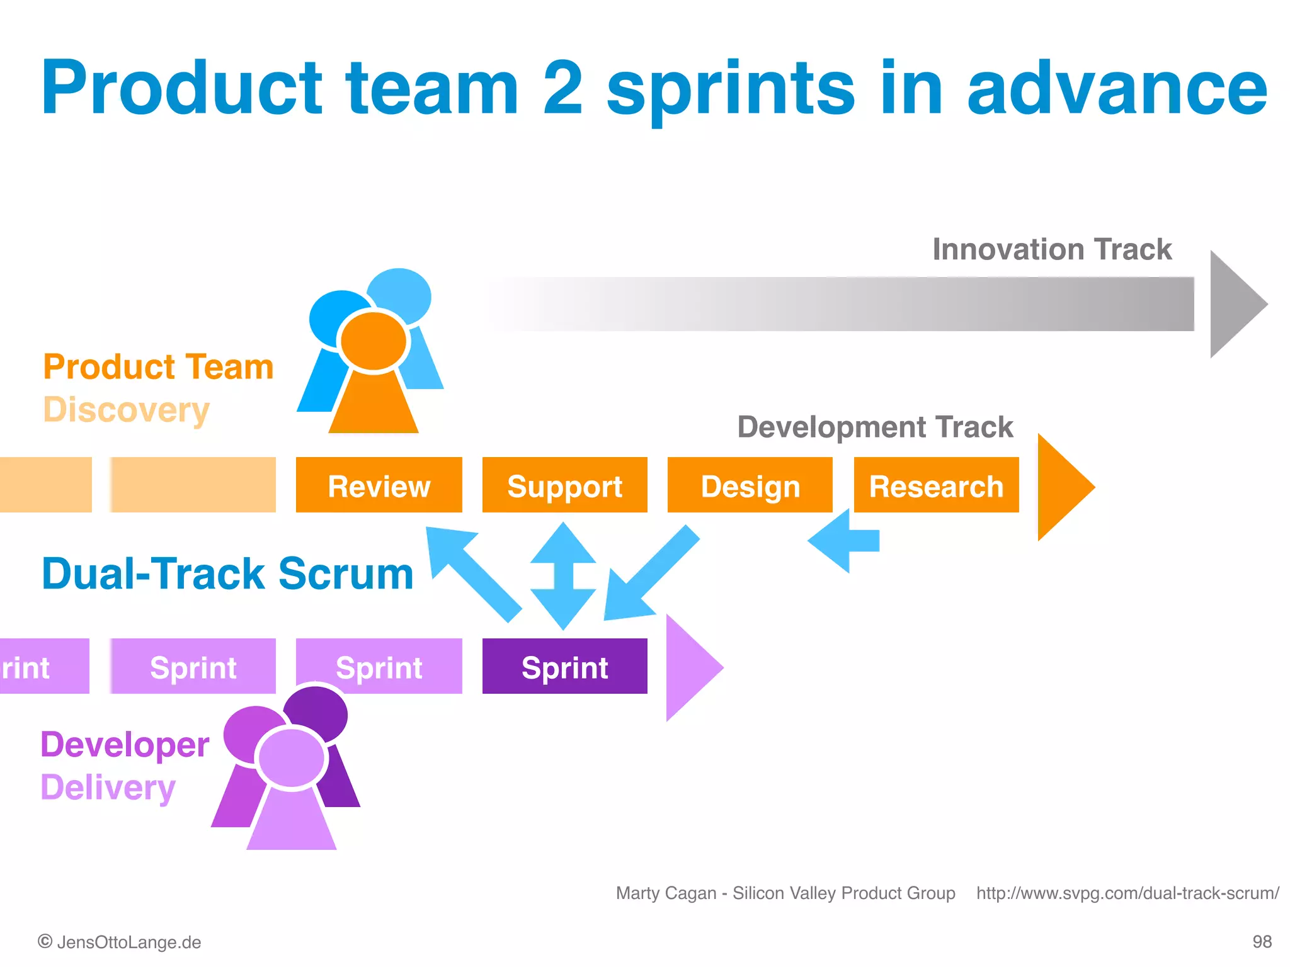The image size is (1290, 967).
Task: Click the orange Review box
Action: [x=379, y=485]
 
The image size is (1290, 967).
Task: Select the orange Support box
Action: [x=564, y=485]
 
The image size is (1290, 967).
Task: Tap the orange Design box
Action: [x=750, y=485]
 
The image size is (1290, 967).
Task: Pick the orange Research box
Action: [x=936, y=485]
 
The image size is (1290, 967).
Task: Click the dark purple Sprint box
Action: [x=564, y=667]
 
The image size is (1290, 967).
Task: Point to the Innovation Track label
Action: [x=1051, y=249]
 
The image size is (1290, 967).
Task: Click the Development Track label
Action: [x=875, y=427]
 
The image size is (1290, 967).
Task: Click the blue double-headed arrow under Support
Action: [x=563, y=575]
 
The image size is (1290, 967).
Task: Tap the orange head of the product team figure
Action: [x=374, y=341]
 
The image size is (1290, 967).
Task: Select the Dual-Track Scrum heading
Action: [x=227, y=574]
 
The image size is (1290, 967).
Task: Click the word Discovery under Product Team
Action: [x=126, y=410]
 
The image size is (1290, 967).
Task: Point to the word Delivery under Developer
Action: [x=108, y=788]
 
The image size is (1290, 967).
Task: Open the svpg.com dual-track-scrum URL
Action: [x=1127, y=893]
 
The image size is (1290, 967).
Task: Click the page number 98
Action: [x=1262, y=942]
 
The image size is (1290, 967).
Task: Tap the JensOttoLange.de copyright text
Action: [x=120, y=942]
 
